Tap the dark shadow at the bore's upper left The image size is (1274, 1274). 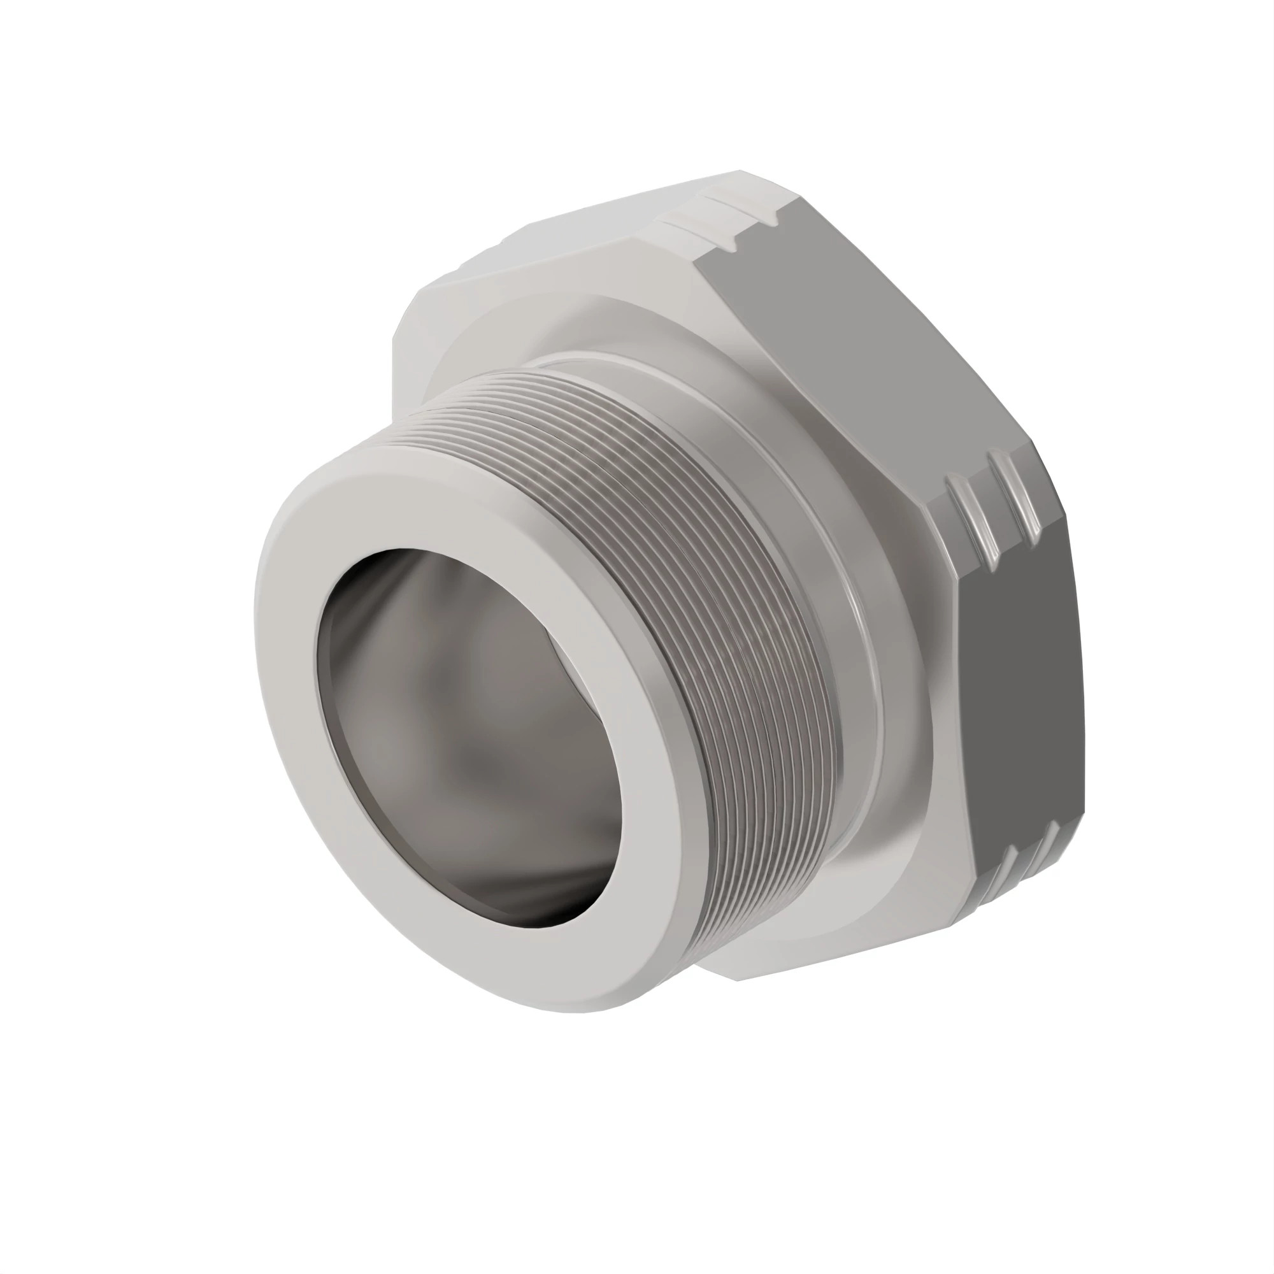(x=369, y=580)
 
